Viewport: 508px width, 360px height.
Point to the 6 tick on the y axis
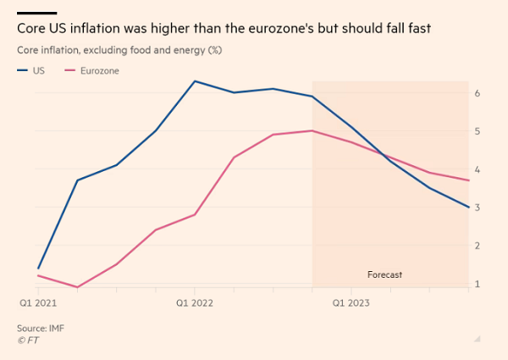[478, 92]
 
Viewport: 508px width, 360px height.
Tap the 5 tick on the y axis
[478, 131]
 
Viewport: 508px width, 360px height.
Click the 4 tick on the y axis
[478, 169]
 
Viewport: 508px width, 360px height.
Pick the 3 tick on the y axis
[478, 208]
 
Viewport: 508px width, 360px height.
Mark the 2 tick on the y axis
[478, 246]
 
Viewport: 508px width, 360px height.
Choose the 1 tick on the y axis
[478, 284]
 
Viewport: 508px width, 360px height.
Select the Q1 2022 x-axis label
[194, 301]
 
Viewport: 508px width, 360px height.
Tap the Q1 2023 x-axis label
[351, 301]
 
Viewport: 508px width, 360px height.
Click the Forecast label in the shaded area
[384, 274]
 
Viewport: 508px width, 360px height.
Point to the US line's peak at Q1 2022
[195, 81]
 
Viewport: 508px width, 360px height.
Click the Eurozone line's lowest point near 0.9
[78, 287]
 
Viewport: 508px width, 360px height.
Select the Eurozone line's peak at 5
[312, 130]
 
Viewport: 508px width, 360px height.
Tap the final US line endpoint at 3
[468, 208]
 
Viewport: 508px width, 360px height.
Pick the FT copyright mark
[28, 340]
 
